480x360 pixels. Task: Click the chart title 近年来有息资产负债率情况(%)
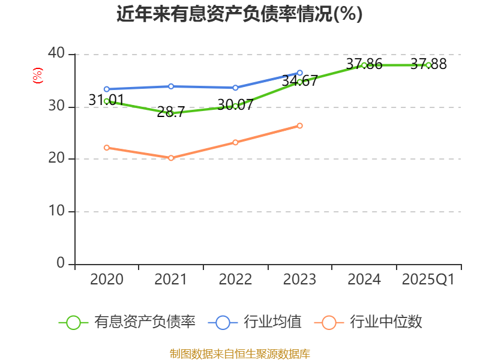(x=239, y=14)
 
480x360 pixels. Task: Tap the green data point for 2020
(x=107, y=101)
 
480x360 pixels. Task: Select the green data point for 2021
(x=171, y=113)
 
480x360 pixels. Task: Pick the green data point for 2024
(x=364, y=65)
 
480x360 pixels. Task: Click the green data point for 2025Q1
(x=428, y=65)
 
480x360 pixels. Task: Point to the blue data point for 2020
(x=107, y=89)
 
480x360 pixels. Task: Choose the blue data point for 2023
(x=300, y=73)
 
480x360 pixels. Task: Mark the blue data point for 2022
(x=235, y=88)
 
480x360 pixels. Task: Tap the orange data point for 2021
(x=171, y=158)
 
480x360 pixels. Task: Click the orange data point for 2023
(x=300, y=125)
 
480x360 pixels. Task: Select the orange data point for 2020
(x=107, y=148)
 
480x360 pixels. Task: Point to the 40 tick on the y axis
(x=56, y=54)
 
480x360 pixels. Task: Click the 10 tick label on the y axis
(x=56, y=212)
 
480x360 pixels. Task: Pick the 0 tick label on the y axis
(x=61, y=264)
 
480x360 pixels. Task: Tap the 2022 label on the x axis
(x=235, y=280)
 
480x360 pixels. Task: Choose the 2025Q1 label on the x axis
(x=428, y=280)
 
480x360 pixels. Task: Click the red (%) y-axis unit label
(x=37, y=76)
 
